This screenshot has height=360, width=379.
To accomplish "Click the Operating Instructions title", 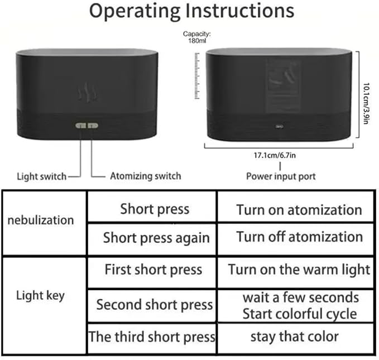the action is point(191,11).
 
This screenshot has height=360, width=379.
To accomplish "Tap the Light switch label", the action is point(41,176).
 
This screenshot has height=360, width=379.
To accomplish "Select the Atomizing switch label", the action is point(146,176).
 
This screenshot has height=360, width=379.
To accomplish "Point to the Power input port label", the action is point(281,176).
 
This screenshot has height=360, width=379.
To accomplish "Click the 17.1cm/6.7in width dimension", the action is point(275,155).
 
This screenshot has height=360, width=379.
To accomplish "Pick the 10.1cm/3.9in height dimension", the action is point(366,103).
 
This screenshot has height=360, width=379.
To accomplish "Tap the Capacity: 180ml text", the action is point(196,37).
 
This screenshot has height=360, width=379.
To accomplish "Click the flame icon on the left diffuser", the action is point(88,92).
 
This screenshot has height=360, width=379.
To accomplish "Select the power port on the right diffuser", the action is point(280,127).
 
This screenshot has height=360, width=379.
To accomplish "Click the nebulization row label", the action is point(41,220).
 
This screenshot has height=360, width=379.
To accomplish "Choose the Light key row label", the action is point(40,295).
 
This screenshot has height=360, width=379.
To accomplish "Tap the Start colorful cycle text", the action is point(300,314).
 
